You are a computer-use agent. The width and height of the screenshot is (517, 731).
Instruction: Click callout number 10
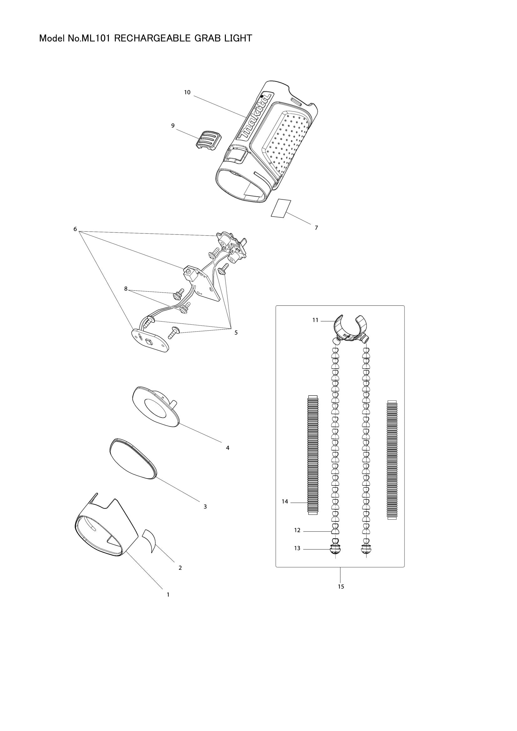(187, 92)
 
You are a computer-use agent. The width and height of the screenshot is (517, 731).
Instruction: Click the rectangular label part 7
(281, 208)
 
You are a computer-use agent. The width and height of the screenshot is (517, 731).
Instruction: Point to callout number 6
(75, 229)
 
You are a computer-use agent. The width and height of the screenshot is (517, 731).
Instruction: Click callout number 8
(126, 289)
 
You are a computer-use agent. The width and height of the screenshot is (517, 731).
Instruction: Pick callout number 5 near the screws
(236, 333)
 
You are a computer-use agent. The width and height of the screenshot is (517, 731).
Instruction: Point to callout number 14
(285, 501)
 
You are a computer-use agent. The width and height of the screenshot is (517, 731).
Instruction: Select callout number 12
(297, 530)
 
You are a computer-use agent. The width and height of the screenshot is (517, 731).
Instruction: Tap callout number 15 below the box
(341, 586)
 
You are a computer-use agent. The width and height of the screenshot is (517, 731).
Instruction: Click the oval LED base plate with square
(150, 341)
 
